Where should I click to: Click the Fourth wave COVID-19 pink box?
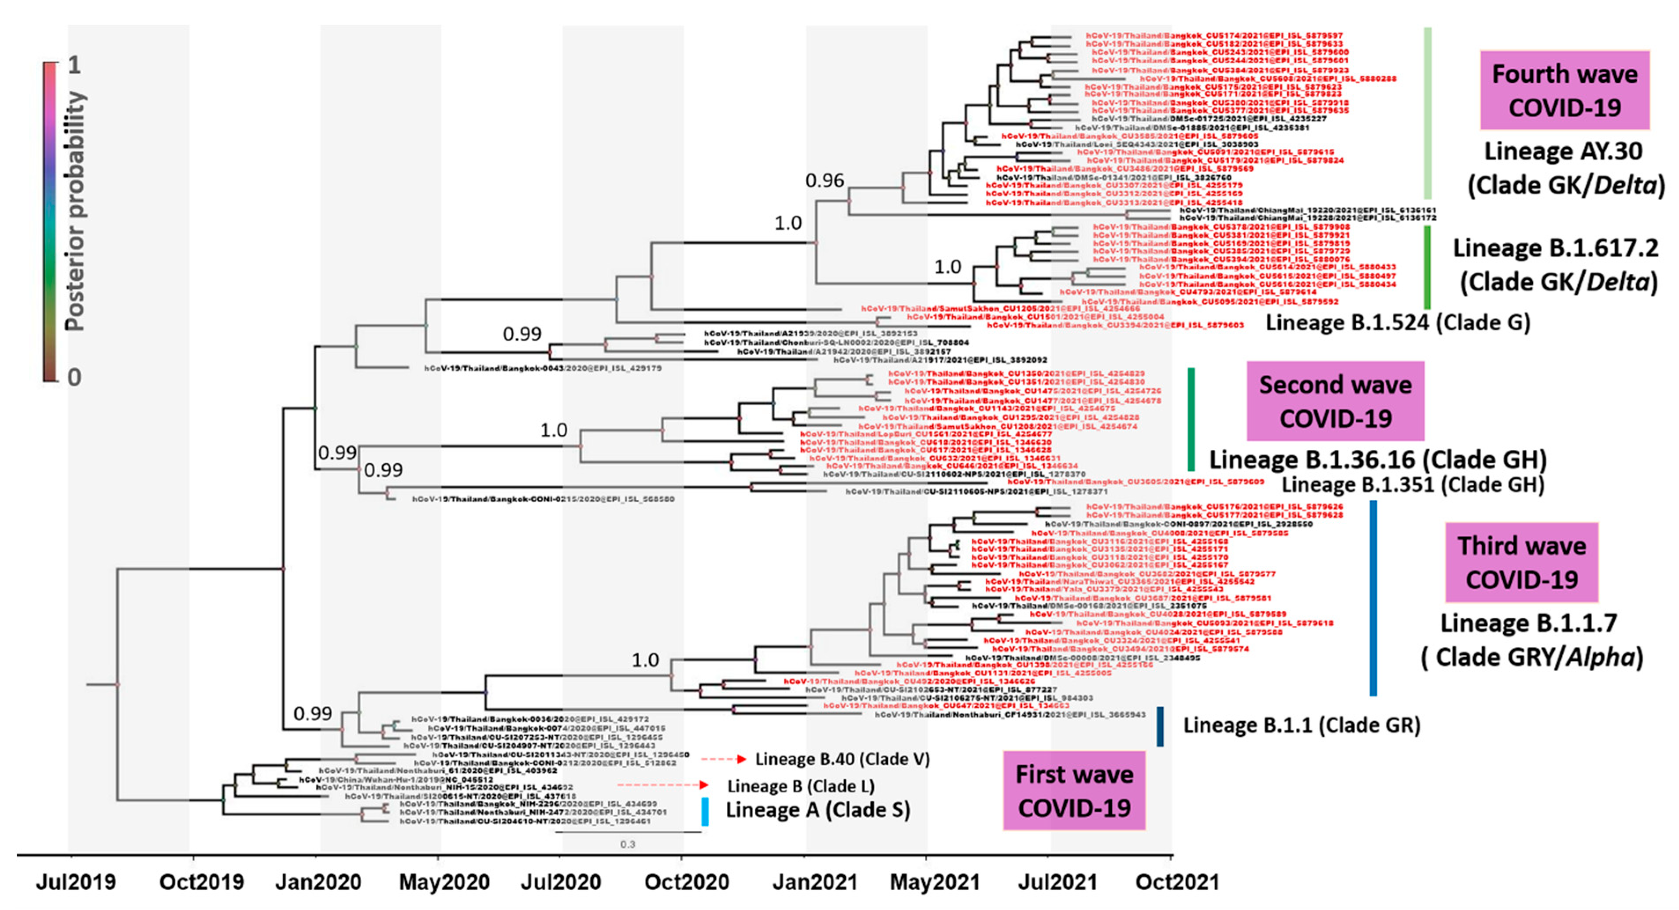tap(1564, 91)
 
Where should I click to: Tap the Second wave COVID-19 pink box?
tap(1335, 401)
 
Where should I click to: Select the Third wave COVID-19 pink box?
tap(1521, 562)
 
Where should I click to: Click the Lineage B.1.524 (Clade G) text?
tap(1398, 323)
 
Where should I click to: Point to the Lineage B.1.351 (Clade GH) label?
tap(1413, 484)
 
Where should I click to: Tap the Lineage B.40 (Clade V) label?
tap(842, 759)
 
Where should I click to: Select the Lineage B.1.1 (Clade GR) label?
tap(1302, 725)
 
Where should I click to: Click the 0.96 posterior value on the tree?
tap(825, 180)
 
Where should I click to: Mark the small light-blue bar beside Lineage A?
tap(705, 811)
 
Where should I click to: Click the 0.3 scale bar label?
tap(627, 844)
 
